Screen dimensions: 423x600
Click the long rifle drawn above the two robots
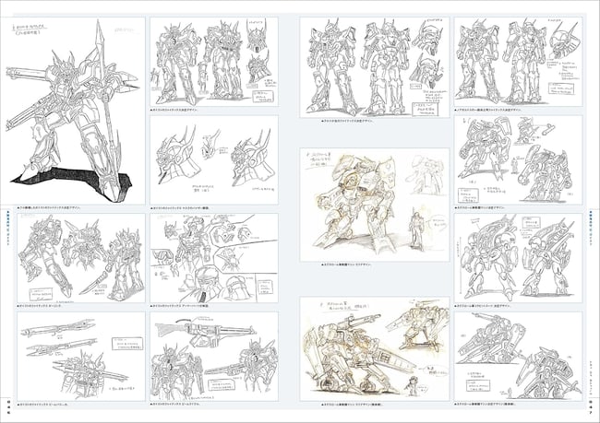click(210, 330)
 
